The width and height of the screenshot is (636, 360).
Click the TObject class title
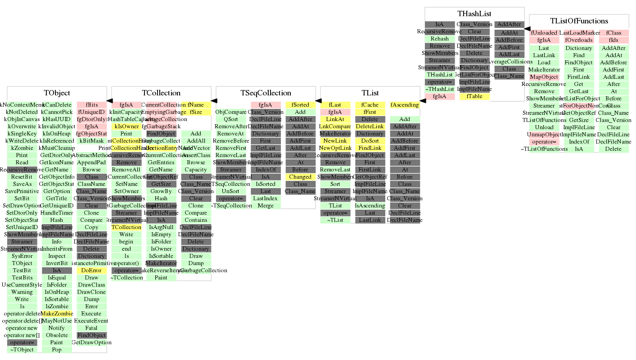tap(57, 93)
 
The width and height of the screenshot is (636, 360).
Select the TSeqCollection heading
tap(266, 93)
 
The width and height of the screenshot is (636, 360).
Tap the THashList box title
tap(474, 14)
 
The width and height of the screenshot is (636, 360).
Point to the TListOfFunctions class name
tap(579, 21)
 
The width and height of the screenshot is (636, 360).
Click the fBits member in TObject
tap(92, 105)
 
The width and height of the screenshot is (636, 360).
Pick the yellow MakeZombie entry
tap(57, 314)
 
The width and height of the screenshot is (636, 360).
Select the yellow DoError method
tap(92, 270)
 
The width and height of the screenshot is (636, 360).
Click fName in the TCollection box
tap(196, 105)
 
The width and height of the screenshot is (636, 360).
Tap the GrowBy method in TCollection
tap(161, 191)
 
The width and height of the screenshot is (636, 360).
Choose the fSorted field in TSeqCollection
tap(300, 105)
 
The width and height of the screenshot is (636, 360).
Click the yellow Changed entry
tap(300, 177)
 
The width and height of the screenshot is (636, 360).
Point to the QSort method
tap(231, 119)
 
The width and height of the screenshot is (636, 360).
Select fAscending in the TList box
tap(405, 105)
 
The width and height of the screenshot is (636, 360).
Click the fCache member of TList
tap(370, 105)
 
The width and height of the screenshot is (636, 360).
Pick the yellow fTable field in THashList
tap(475, 96)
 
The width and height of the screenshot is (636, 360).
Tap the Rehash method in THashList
tap(440, 39)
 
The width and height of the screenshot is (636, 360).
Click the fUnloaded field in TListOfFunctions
tap(544, 33)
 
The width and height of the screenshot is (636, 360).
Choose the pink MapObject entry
tap(544, 77)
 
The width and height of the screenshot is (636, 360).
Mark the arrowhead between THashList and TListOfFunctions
tap(527, 29)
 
